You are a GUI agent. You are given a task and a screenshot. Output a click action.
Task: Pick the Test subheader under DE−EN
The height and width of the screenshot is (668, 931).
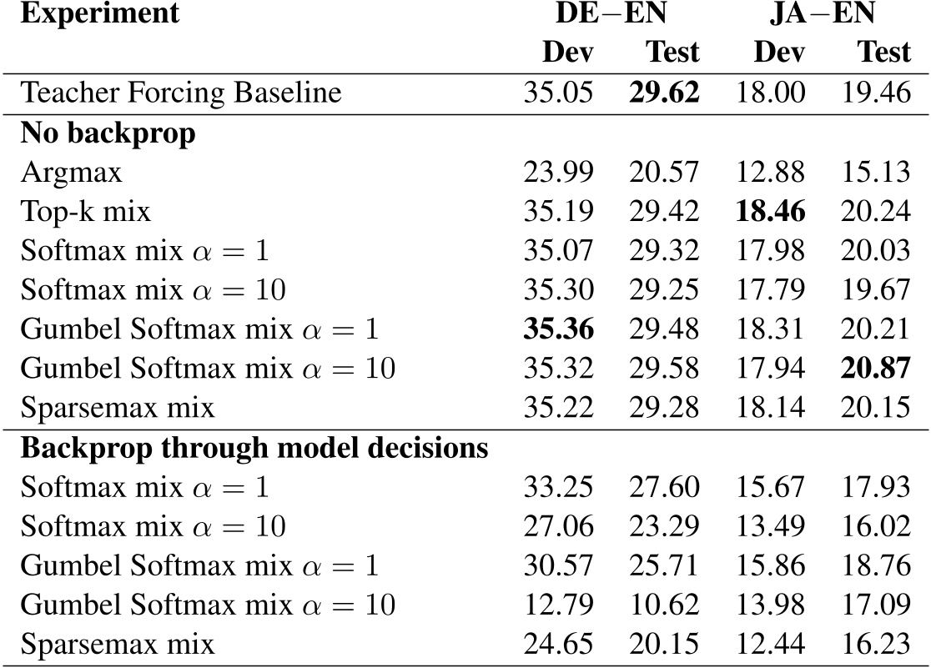[x=672, y=53]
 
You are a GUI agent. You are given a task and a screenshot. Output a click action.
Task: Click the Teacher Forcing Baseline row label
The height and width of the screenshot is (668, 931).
[x=180, y=93]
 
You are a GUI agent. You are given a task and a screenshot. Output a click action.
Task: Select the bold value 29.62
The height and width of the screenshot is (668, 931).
[x=664, y=93]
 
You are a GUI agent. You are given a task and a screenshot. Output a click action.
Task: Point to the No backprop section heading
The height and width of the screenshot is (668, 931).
[x=107, y=133]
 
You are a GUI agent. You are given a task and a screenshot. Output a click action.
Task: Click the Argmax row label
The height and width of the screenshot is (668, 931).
[x=72, y=173]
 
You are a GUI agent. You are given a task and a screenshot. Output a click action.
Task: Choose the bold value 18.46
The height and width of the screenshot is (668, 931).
[x=770, y=212]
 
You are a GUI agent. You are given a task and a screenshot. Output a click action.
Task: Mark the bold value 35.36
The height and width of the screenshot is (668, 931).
[x=558, y=330]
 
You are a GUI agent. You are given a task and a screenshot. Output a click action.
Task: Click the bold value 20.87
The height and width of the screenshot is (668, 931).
[x=875, y=369]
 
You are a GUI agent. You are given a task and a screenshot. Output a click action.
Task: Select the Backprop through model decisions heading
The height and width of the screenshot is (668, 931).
[x=254, y=449]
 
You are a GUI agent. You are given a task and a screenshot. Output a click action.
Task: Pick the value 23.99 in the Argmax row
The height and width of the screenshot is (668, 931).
[x=558, y=173]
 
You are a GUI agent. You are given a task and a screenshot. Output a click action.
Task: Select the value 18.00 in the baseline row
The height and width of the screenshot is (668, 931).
[x=770, y=93]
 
